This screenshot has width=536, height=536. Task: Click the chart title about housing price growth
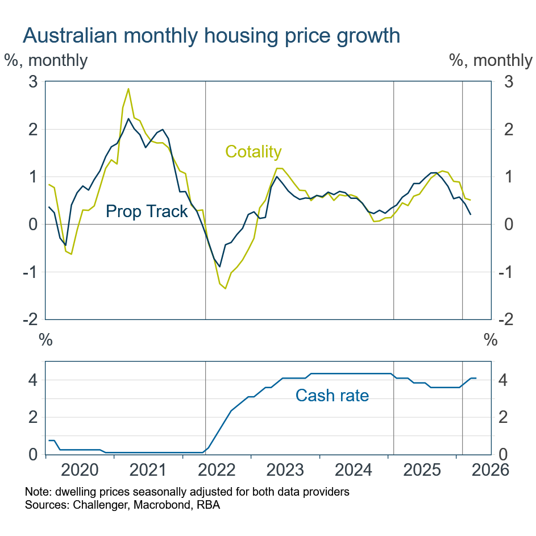click(211, 36)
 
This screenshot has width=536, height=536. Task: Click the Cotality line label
click(254, 152)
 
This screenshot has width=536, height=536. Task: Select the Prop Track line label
click(147, 212)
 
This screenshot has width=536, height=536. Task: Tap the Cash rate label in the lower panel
click(332, 396)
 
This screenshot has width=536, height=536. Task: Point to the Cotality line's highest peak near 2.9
click(128, 89)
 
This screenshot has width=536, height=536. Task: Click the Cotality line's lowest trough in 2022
click(225, 288)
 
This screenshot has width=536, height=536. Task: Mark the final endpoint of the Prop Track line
click(470, 214)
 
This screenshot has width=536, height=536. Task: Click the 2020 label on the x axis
click(80, 471)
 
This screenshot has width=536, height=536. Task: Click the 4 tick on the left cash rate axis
click(33, 380)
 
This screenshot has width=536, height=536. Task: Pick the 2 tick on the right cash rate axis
click(503, 418)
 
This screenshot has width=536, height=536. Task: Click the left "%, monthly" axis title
click(46, 60)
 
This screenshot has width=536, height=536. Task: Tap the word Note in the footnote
click(36, 492)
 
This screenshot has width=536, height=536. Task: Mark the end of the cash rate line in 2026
click(476, 378)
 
